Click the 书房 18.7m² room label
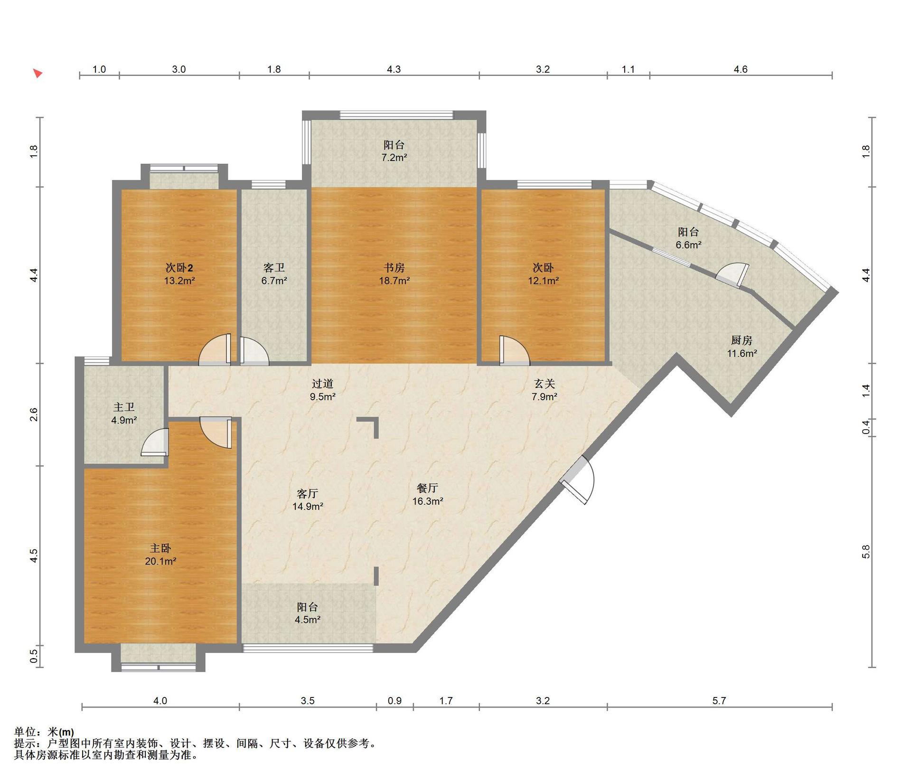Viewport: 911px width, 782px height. click(394, 274)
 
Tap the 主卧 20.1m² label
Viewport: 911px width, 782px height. click(160, 555)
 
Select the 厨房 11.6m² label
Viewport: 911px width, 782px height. click(742, 347)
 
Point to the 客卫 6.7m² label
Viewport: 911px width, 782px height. click(274, 274)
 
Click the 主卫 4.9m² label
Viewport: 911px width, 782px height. click(124, 414)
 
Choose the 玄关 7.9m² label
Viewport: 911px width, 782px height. click(544, 390)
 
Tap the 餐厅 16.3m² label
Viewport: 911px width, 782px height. click(427, 494)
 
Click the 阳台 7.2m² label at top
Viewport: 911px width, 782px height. click(394, 151)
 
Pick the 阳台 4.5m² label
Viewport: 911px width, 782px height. click(307, 613)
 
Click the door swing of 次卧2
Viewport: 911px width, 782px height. click(215, 350)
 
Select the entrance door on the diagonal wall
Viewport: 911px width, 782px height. click(577, 480)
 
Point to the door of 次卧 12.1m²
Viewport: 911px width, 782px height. click(514, 351)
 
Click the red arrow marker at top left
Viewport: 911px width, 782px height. click(38, 74)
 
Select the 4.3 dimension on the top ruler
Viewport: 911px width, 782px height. click(394, 69)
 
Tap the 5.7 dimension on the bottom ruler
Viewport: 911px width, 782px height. click(719, 701)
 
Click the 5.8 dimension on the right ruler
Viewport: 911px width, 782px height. click(866, 551)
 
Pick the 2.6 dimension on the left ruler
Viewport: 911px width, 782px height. click(33, 415)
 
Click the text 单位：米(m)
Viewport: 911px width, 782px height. click(44, 732)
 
